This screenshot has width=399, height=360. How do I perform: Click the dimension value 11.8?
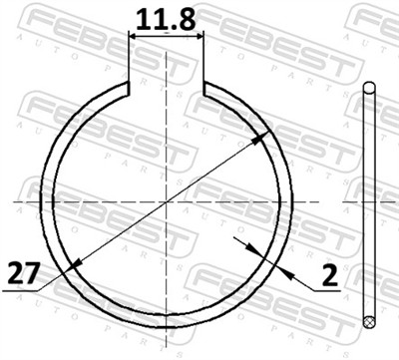167,17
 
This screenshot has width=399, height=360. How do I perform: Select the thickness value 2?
327,270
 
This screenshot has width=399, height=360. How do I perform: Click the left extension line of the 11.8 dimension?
131,60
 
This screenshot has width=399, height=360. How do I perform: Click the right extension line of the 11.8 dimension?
203,60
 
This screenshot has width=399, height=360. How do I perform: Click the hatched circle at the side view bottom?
371,321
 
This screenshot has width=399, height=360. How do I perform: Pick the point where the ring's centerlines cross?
167,201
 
